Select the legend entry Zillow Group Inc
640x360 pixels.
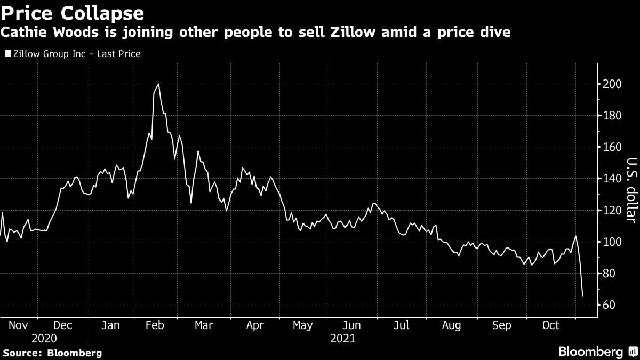coord(73,54)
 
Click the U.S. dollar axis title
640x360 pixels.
coord(631,190)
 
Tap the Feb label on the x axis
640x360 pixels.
coord(155,325)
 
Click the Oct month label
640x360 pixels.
coord(550,325)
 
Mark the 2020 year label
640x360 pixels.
coord(44,338)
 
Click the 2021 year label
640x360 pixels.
coord(343,338)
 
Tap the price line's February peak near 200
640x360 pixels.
coord(158,84)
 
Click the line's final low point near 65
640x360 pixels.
coord(582,295)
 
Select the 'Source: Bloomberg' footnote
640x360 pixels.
coord(52,353)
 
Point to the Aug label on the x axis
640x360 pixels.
coord(452,325)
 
